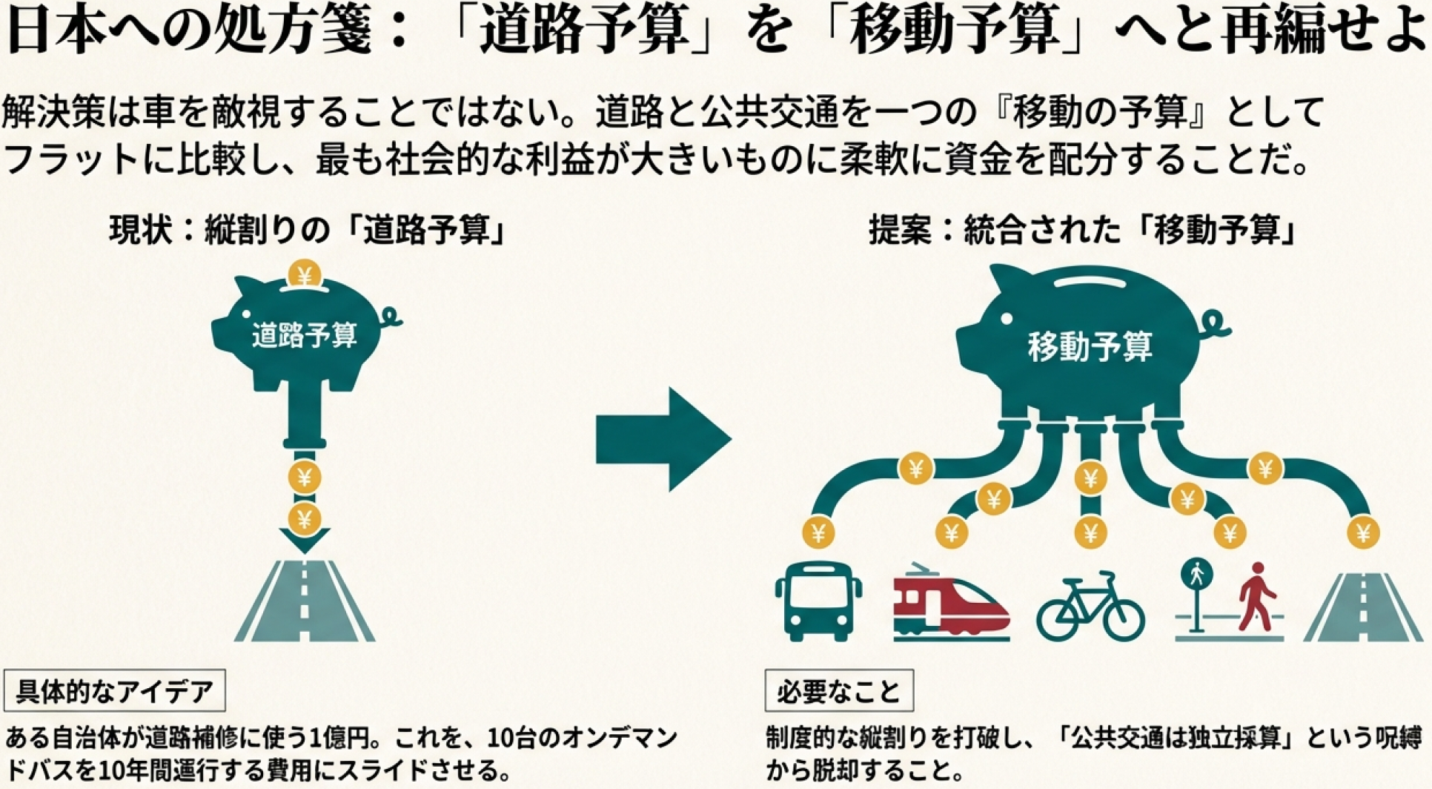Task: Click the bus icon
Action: [818, 601]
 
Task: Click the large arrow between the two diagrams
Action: [663, 439]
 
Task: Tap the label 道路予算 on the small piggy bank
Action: [305, 335]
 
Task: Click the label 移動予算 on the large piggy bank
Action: [1090, 346]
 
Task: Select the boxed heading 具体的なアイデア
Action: [115, 691]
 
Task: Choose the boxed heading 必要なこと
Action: [839, 691]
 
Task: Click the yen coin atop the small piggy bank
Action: [304, 275]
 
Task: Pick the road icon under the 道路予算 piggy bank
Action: [305, 602]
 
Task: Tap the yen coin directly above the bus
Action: [818, 532]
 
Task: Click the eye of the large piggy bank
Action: [1007, 318]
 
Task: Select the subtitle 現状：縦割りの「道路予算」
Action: [308, 230]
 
